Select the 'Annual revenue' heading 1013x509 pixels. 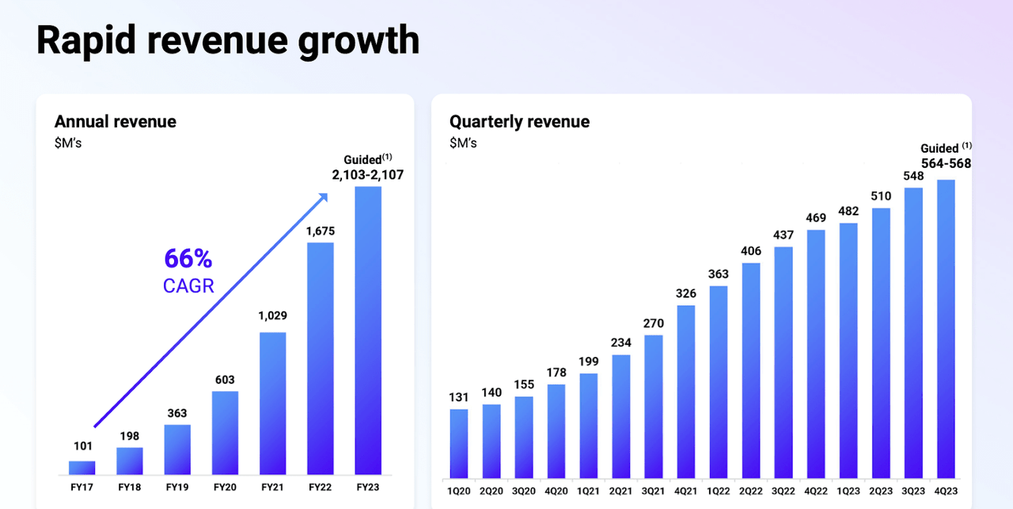point(116,122)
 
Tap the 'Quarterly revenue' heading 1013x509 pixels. point(519,122)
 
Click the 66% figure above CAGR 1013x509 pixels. point(188,259)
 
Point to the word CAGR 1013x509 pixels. point(188,286)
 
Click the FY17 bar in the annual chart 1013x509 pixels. point(82,467)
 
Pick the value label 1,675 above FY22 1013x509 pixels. point(320,230)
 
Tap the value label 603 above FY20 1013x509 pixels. point(225,379)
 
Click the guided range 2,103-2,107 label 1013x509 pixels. point(367,175)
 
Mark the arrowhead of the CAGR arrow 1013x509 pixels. point(324,198)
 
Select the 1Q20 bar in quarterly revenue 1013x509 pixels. point(459,443)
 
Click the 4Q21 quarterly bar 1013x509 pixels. point(686,391)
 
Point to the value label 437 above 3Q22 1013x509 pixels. point(783,235)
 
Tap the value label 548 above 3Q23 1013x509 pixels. point(913,175)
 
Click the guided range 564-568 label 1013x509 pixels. point(946,164)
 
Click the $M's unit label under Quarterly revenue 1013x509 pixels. point(463,143)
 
